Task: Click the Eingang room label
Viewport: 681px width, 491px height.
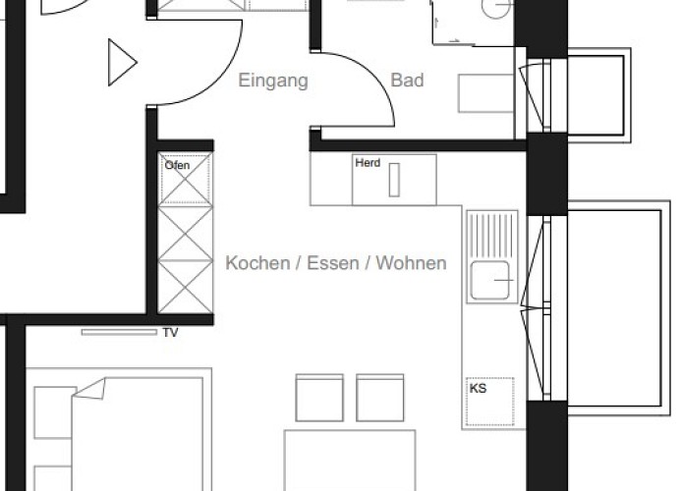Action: [273, 81]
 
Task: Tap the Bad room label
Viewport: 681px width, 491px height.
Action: [407, 81]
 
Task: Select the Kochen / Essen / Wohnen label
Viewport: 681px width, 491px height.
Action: [336, 263]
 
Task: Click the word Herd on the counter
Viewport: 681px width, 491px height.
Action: [367, 163]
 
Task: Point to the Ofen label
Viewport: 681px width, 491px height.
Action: [177, 165]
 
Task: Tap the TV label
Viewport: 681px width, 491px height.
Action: [171, 333]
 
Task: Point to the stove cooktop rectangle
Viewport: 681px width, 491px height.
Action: [394, 181]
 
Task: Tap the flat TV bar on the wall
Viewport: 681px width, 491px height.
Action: [119, 332]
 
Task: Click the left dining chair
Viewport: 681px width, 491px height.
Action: [319, 397]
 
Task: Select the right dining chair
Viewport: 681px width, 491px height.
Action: [380, 397]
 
